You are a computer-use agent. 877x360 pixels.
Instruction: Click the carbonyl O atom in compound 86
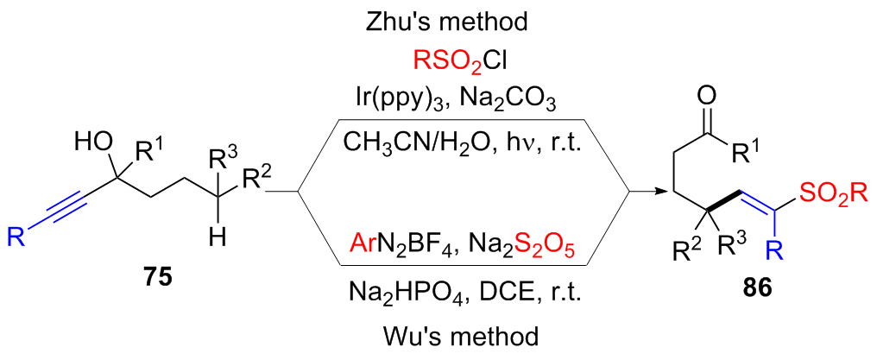coord(710,92)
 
